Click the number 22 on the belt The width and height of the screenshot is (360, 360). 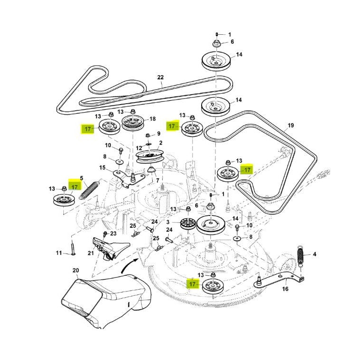click(x=160, y=78)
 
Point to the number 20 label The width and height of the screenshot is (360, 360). click(x=75, y=270)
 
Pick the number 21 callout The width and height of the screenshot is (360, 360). click(x=91, y=253)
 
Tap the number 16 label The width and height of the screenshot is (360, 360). click(x=285, y=288)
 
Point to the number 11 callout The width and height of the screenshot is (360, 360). click(x=59, y=253)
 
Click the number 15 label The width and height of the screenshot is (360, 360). click(x=102, y=167)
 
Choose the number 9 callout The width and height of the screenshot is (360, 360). click(x=158, y=134)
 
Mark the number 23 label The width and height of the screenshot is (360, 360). click(x=113, y=234)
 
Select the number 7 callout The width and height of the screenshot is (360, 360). click(x=157, y=181)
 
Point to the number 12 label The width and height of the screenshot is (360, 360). click(x=139, y=148)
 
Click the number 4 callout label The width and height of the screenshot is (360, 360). click(x=314, y=254)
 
